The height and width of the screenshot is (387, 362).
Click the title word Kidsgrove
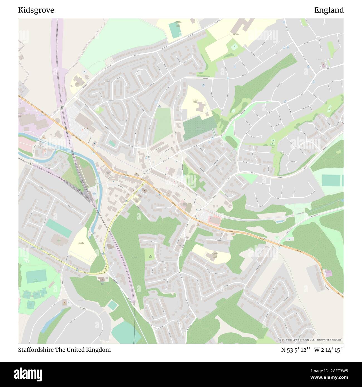(x=36, y=10)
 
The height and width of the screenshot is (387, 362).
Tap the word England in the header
(x=329, y=10)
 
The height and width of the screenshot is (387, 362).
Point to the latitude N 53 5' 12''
(x=295, y=350)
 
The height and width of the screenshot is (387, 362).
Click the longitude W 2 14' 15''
(x=329, y=350)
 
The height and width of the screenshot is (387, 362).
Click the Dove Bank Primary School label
(x=194, y=101)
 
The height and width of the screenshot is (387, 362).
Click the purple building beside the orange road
(x=329, y=273)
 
